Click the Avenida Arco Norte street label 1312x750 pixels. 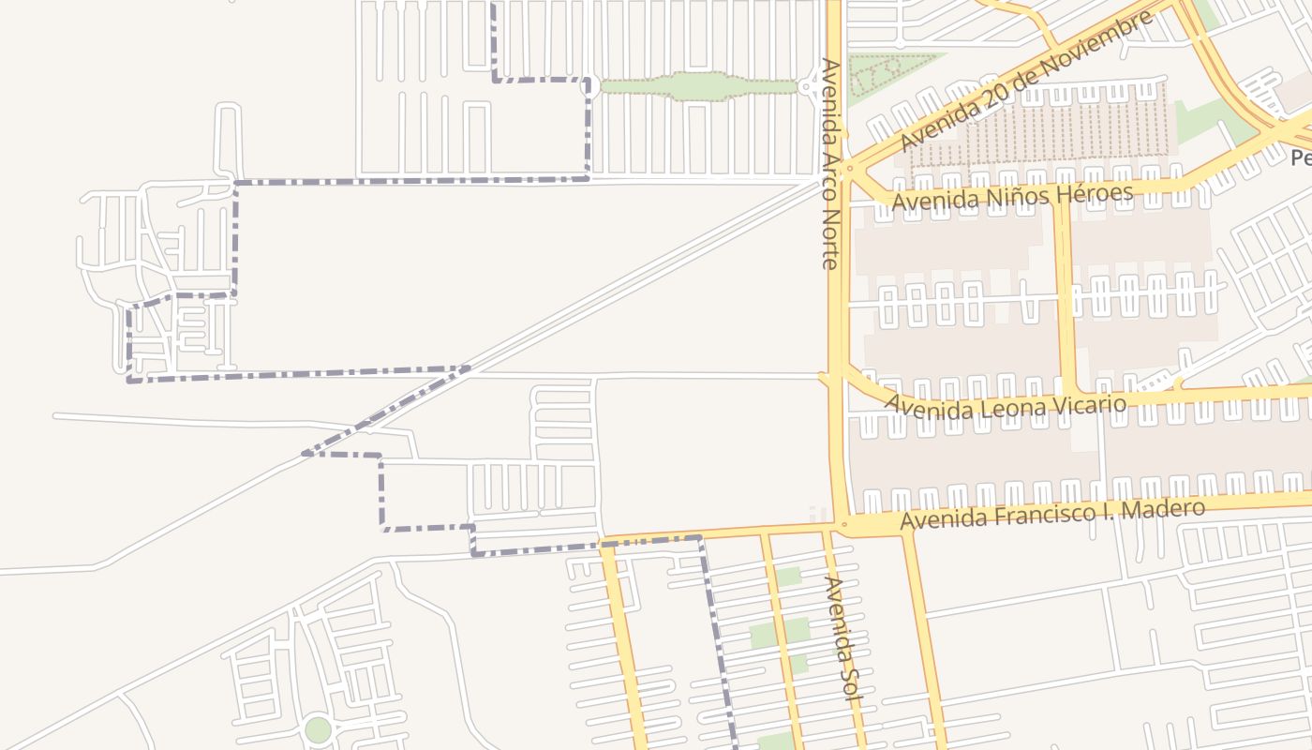coord(829,164)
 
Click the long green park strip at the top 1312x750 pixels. coord(698,86)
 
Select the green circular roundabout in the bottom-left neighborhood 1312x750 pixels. coord(318,729)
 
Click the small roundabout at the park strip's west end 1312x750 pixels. coord(589,86)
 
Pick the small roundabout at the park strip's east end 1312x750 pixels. coord(808,87)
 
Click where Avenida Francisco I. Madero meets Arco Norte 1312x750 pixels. coord(843,525)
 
